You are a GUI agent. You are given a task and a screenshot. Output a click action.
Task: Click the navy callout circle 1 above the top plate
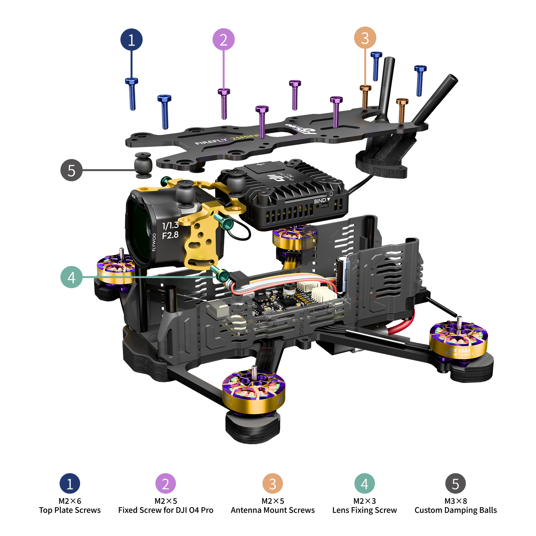click(x=131, y=40)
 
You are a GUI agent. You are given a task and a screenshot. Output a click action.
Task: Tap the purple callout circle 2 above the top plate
click(x=223, y=40)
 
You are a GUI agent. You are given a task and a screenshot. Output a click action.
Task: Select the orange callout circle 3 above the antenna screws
click(x=365, y=38)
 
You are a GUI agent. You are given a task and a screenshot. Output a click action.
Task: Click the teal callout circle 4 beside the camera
click(x=71, y=277)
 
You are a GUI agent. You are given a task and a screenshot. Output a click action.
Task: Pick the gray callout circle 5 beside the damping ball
click(x=71, y=170)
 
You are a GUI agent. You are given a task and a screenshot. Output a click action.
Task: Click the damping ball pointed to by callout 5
click(x=143, y=165)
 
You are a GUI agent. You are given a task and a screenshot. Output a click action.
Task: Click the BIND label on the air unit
click(x=320, y=201)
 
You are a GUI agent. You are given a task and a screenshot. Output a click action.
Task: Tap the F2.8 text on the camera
click(x=170, y=235)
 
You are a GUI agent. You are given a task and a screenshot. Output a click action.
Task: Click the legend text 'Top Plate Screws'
click(x=70, y=510)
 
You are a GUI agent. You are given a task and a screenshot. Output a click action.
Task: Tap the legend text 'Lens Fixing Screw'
click(x=364, y=510)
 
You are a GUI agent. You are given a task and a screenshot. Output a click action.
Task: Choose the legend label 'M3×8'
click(x=456, y=501)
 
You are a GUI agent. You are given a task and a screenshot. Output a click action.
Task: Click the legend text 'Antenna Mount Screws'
click(x=273, y=510)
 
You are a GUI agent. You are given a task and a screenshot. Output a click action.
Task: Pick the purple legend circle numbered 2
click(x=165, y=484)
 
